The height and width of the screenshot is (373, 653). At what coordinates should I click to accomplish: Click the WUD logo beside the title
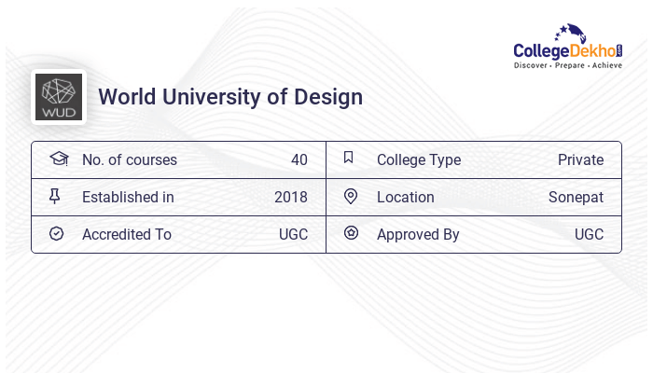[59, 97]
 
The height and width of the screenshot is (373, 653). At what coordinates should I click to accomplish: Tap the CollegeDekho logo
[569, 48]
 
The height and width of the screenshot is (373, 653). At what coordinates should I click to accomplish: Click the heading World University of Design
[230, 97]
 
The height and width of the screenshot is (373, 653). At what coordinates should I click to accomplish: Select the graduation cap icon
[58, 159]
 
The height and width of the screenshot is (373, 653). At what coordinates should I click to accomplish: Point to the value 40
[299, 159]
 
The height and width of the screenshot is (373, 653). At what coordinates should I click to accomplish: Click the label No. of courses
[130, 159]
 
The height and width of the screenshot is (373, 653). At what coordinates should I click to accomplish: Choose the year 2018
[291, 197]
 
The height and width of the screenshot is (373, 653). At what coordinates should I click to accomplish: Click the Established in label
[128, 197]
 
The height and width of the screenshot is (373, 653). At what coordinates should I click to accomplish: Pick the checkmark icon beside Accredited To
[57, 234]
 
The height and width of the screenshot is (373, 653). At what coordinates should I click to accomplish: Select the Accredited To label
[127, 234]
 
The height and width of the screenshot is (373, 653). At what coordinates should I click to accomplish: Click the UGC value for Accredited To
[293, 234]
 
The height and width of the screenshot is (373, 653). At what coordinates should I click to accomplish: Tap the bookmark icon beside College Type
[349, 159]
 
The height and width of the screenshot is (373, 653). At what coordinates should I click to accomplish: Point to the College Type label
[419, 159]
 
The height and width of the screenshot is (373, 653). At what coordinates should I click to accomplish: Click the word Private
[580, 159]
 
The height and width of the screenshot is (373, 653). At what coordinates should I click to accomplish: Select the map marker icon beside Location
[351, 197]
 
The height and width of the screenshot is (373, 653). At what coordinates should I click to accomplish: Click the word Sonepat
[576, 197]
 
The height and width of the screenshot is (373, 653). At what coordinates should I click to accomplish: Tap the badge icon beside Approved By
[351, 234]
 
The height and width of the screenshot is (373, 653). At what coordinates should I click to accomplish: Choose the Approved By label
[418, 234]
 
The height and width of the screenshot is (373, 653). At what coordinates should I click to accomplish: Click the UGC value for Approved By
[589, 234]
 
